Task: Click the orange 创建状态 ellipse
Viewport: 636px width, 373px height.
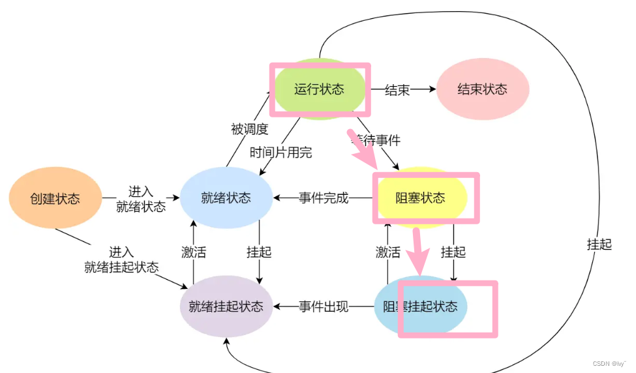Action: pyautogui.click(x=55, y=198)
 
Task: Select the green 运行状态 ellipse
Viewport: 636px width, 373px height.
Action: pyautogui.click(x=319, y=89)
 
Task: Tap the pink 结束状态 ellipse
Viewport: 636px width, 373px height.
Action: pyautogui.click(x=482, y=89)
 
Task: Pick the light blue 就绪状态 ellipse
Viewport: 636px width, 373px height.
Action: pyautogui.click(x=226, y=198)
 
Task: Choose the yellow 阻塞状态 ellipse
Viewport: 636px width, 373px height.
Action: pyautogui.click(x=421, y=198)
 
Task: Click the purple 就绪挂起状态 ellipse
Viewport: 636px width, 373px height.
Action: pyautogui.click(x=226, y=306)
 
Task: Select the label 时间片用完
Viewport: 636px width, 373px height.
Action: pyautogui.click(x=281, y=153)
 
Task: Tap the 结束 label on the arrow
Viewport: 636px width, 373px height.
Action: pyautogui.click(x=397, y=90)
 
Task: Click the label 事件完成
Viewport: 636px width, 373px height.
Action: pyautogui.click(x=324, y=198)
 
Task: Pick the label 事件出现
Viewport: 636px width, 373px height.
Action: pyautogui.click(x=324, y=306)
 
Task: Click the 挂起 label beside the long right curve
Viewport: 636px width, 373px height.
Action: pyautogui.click(x=599, y=245)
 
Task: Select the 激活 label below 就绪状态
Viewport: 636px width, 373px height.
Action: pyautogui.click(x=193, y=252)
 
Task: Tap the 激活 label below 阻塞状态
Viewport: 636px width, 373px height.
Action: pyautogui.click(x=387, y=252)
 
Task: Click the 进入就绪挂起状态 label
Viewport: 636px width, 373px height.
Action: pyautogui.click(x=121, y=260)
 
